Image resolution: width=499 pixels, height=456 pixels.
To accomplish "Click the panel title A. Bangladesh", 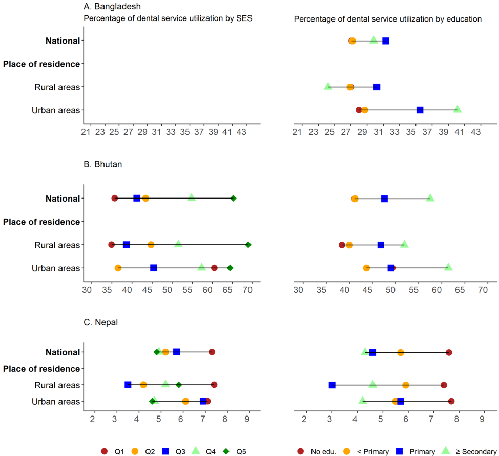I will (112, 7).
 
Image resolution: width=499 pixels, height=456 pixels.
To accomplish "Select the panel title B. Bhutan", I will (102, 165).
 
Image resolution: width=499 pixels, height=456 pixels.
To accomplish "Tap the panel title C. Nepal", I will (101, 322).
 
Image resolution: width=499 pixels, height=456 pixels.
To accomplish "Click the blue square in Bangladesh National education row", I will (386, 41).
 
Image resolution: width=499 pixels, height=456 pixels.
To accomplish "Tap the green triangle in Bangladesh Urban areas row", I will (458, 109).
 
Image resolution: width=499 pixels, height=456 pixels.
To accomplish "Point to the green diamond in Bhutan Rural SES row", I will (248, 245).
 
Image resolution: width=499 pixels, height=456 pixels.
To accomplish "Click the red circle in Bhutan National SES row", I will (114, 198).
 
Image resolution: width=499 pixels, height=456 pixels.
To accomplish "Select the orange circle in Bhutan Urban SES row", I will (118, 268).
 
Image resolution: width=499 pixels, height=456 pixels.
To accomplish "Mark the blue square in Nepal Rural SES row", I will (128, 385).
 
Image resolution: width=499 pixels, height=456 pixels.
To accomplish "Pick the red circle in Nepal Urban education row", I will (451, 401).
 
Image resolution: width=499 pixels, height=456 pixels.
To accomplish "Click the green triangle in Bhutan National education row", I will (430, 198).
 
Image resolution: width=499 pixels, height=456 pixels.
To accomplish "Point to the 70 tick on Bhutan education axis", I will (482, 290).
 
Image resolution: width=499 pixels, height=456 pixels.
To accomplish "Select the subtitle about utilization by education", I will (388, 19).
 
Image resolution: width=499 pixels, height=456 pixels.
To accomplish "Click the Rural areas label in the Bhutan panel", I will (57, 245).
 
